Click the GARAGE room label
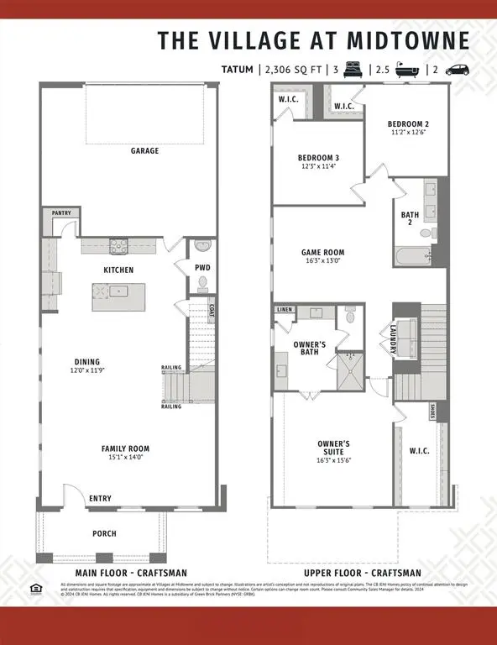coord(144,151)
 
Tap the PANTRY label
coord(61,213)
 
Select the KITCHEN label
coord(118,270)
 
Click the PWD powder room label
coord(202,268)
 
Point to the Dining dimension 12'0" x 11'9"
coord(87,370)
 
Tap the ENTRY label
coord(100,499)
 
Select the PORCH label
coord(104,533)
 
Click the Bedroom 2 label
coord(408,124)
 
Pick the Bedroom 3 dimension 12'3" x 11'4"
coord(318,166)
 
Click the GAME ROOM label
coord(323,252)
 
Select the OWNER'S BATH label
coord(309,349)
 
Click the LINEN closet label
coord(285,310)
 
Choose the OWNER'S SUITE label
coord(333,447)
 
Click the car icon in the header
coord(457,71)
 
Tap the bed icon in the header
coord(353,71)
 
